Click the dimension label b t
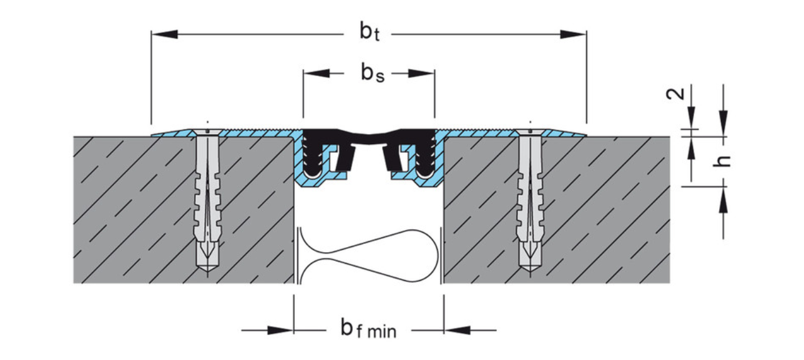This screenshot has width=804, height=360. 370,32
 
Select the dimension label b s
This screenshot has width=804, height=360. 373,73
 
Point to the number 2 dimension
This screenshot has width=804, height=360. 675,94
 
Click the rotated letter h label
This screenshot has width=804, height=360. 722,161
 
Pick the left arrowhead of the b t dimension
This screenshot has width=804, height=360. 164,34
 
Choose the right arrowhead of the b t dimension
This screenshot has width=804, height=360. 574,34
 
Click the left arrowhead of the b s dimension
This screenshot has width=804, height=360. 316,73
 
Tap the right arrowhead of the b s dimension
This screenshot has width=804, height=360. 421,73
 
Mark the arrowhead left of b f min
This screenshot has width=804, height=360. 280,330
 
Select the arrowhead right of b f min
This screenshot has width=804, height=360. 457,330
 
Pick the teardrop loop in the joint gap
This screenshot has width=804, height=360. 369,256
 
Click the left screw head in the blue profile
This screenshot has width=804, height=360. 207,132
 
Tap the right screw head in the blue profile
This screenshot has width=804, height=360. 530,132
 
